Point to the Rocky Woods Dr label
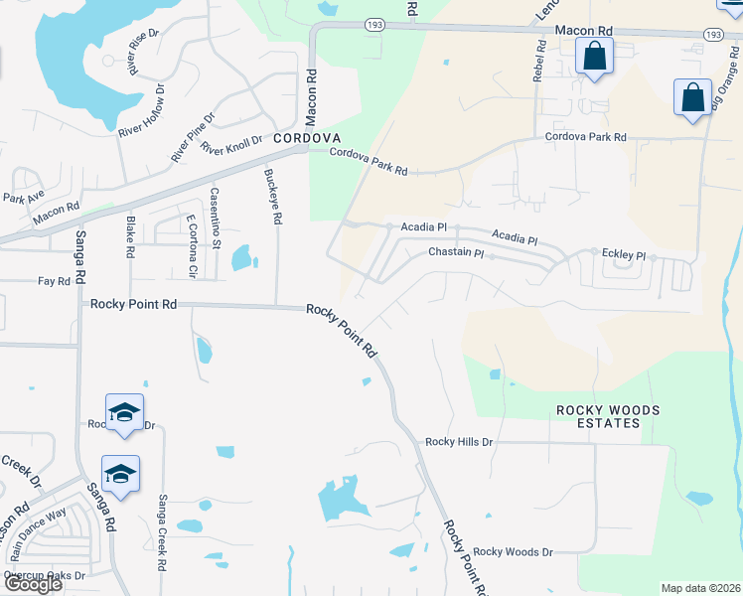pos(513,551)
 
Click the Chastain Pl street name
pos(455,253)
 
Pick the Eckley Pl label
pos(625,254)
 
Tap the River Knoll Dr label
pos(231,146)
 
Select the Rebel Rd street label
pos(539,61)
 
